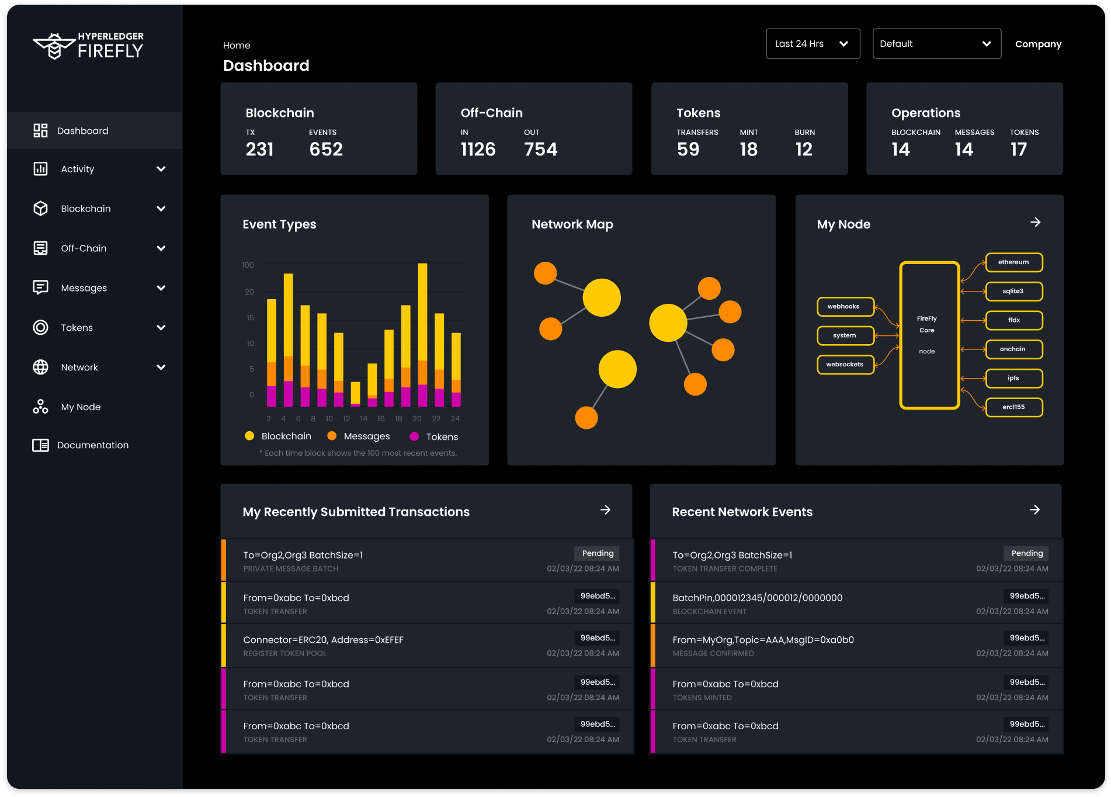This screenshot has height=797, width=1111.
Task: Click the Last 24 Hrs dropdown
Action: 813,44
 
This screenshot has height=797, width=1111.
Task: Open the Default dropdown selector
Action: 936,44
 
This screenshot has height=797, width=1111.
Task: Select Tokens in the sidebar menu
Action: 77,328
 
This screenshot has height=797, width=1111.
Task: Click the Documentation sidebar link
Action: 92,445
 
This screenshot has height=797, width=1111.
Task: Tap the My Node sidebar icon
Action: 40,407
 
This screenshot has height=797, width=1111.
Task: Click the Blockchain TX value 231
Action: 259,150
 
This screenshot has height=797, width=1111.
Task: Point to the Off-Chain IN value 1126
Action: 478,150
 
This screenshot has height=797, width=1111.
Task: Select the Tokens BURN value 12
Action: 803,150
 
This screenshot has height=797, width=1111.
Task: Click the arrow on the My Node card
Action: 1035,223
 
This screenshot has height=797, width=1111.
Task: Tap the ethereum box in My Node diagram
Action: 1013,262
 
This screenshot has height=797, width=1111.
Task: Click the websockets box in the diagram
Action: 845,365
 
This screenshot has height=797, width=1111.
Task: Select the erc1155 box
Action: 1013,407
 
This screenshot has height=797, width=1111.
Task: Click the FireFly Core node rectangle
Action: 929,335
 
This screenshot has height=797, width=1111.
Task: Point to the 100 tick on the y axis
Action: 248,265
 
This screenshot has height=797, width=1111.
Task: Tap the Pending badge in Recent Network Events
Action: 1026,553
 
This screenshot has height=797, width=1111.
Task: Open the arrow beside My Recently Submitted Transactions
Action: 605,510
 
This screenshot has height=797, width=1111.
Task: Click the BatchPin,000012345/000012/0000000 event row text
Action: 757,598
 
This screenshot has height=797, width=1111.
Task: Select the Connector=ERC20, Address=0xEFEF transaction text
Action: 323,640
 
